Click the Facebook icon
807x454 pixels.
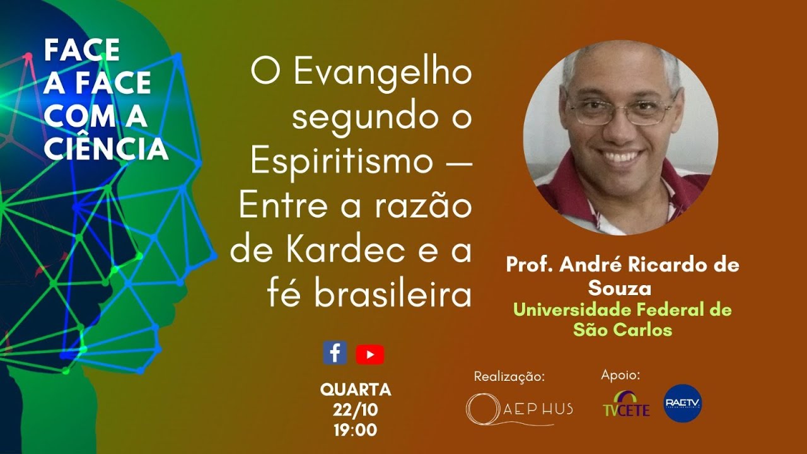pos(335,353)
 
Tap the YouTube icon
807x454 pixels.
pos(369,354)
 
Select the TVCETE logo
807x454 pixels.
pos(625,405)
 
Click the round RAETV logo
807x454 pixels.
pos(682,403)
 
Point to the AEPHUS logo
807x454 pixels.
pos(519,409)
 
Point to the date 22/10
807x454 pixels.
pos(356,410)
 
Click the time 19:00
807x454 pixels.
pos(356,431)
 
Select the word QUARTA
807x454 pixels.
pos(356,390)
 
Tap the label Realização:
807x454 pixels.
pos(509,376)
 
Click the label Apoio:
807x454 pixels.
pos(620,375)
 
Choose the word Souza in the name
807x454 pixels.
pos(620,288)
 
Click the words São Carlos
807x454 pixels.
pos(622,329)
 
